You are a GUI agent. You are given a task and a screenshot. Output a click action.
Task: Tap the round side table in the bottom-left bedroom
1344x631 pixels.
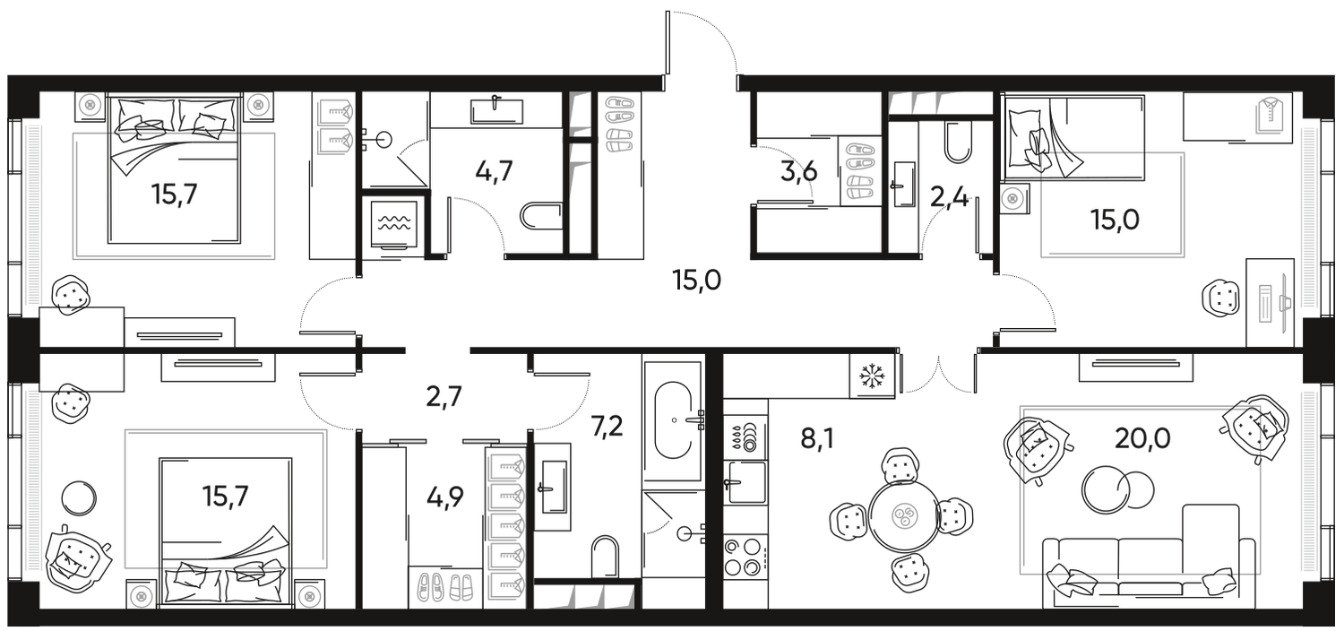pyautogui.click(x=79, y=496)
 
